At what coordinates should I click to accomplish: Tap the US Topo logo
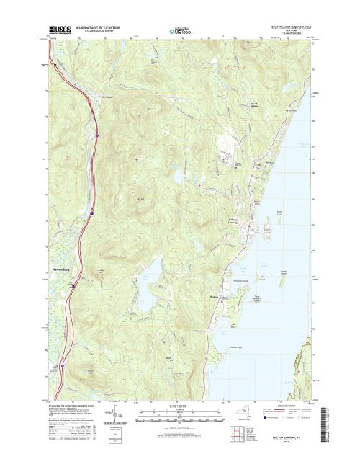(179, 31)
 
